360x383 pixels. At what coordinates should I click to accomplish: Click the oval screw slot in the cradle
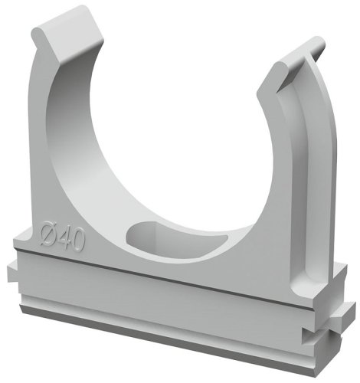coord(177,239)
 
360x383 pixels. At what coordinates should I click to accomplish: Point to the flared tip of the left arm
coord(67,33)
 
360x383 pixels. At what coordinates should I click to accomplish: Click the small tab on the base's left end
coord(12,272)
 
